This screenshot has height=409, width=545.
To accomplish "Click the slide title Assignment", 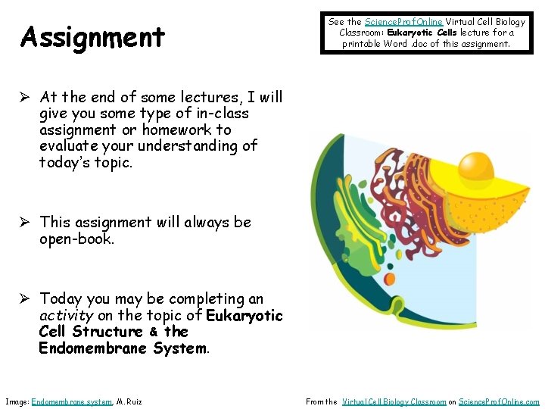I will [93, 36].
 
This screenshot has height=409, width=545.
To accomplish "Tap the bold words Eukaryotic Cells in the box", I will [422, 33].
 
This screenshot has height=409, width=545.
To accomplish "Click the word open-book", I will [76, 239].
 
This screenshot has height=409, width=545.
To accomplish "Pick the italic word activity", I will [66, 315].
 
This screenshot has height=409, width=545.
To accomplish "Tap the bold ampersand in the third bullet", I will [153, 332].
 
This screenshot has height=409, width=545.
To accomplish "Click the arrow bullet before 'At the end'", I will [26, 97].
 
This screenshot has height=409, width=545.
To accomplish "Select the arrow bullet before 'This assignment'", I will [26, 222].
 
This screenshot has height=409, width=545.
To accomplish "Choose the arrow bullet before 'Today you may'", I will [26, 299].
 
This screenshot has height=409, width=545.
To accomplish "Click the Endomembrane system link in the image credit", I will [71, 401].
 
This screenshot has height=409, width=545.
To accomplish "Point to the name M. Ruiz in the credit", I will [129, 401].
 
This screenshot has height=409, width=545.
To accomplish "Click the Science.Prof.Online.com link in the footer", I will [500, 401].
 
